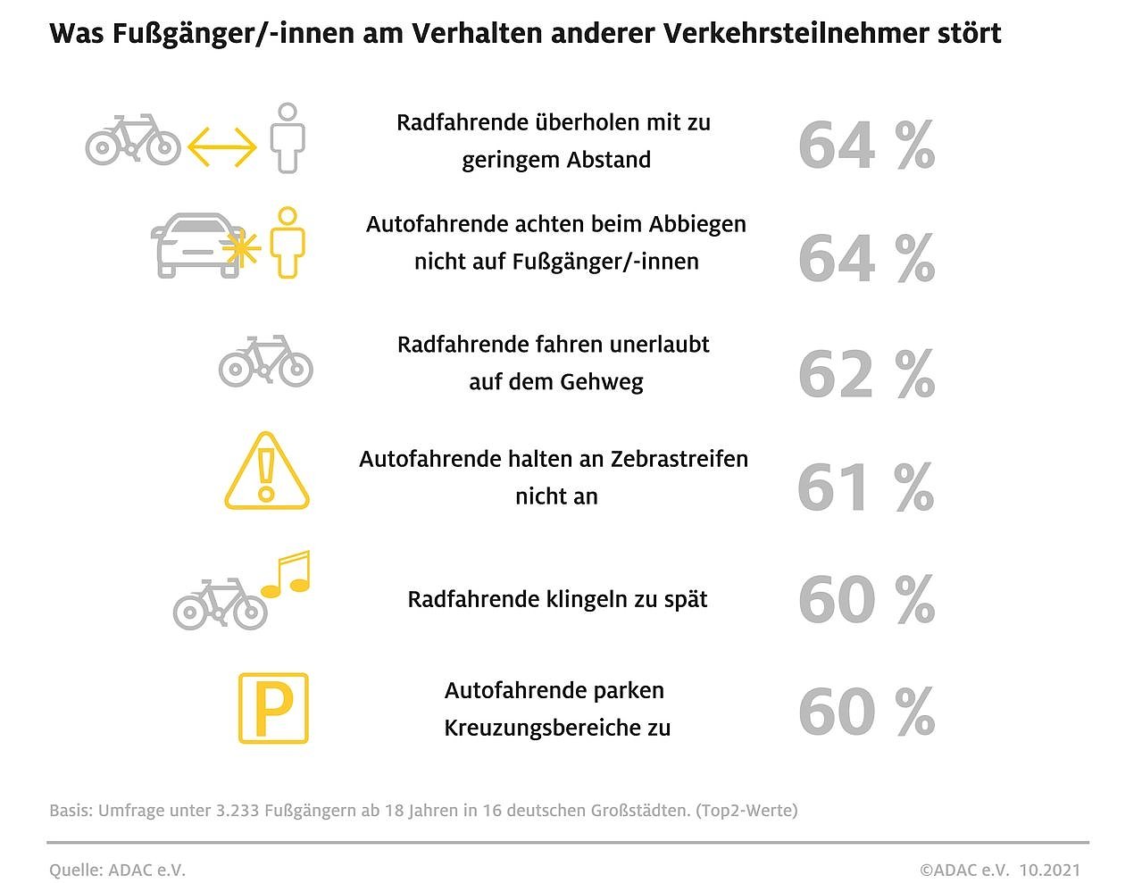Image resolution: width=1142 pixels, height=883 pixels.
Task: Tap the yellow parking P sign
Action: pos(273,709)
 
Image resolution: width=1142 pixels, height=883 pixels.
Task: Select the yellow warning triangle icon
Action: pos(266,472)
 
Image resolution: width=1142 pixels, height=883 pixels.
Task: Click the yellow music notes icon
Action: pos(287,574)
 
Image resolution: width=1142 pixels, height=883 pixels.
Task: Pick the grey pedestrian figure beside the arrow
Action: pos(287,138)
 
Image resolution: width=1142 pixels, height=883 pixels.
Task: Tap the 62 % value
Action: pos(865,374)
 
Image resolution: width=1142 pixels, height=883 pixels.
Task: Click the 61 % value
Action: pos(865,487)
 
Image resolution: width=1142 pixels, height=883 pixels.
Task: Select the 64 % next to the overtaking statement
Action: pos(865,146)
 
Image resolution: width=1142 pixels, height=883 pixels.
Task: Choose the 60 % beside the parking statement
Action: pos(865,712)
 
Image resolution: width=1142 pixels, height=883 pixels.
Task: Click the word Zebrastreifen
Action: pos(679,459)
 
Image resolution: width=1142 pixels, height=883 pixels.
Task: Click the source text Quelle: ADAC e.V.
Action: pos(117,870)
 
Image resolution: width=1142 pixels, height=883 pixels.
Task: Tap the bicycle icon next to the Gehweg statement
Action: pos(266,362)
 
